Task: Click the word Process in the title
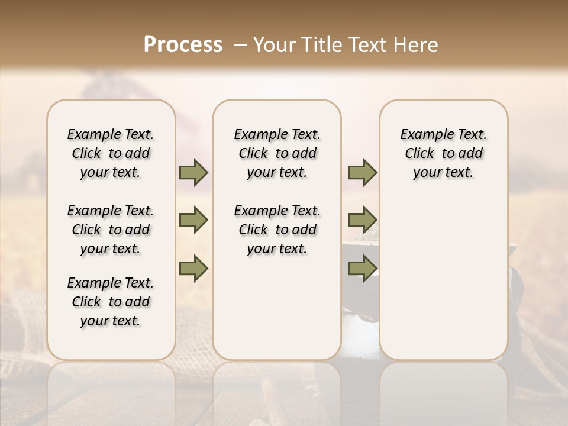(183, 45)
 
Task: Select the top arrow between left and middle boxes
(193, 173)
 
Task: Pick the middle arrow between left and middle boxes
(193, 220)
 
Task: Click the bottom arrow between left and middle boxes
(193, 268)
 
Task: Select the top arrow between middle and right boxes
(362, 173)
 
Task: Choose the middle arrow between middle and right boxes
(362, 220)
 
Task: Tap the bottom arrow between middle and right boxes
(362, 268)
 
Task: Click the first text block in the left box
(111, 153)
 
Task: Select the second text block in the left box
(111, 230)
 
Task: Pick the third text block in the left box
(111, 302)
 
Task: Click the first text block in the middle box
(277, 153)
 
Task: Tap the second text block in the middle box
(277, 230)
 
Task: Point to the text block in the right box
(444, 153)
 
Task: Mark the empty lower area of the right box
(444, 278)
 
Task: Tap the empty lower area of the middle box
(277, 308)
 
